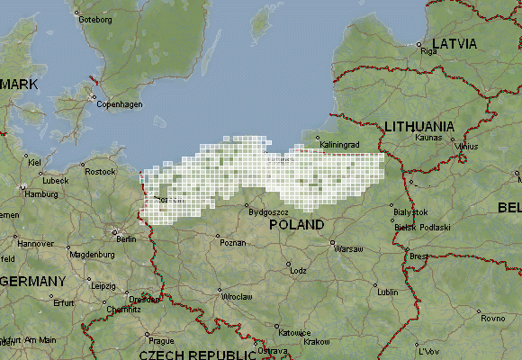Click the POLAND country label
[x=297, y=224]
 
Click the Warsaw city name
[x=348, y=249]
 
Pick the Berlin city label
[x=126, y=239]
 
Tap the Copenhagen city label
[x=120, y=104]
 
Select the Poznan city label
[x=232, y=243]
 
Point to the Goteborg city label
[x=95, y=19]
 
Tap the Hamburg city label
[x=41, y=193]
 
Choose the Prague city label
[x=161, y=341]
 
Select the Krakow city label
[x=317, y=342]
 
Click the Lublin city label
[x=387, y=292]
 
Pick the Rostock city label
[x=100, y=171]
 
